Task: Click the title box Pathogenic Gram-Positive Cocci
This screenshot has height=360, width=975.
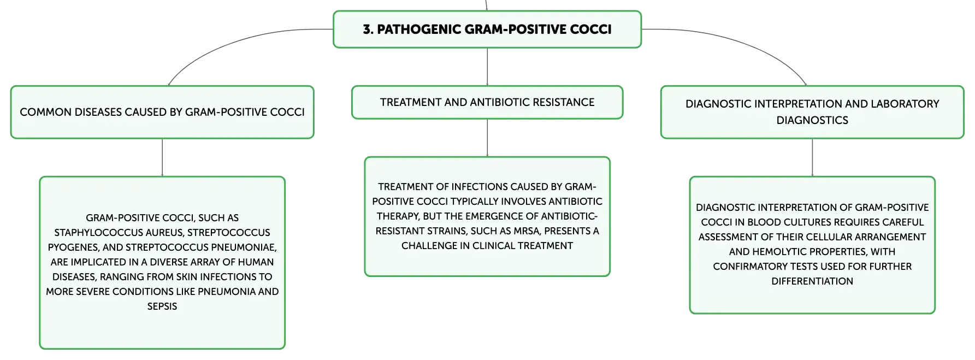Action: [487, 29]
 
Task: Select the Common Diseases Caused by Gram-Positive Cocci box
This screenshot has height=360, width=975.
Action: [162, 112]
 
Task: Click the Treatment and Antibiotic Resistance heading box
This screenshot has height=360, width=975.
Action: [487, 102]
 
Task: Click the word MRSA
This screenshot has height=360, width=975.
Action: [527, 231]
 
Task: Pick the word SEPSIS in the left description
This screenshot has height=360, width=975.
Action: [162, 306]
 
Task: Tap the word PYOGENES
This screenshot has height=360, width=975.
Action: [73, 247]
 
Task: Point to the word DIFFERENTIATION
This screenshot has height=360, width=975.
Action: [812, 281]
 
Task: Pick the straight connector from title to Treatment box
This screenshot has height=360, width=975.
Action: [487, 67]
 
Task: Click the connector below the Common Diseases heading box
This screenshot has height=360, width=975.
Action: [162, 157]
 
